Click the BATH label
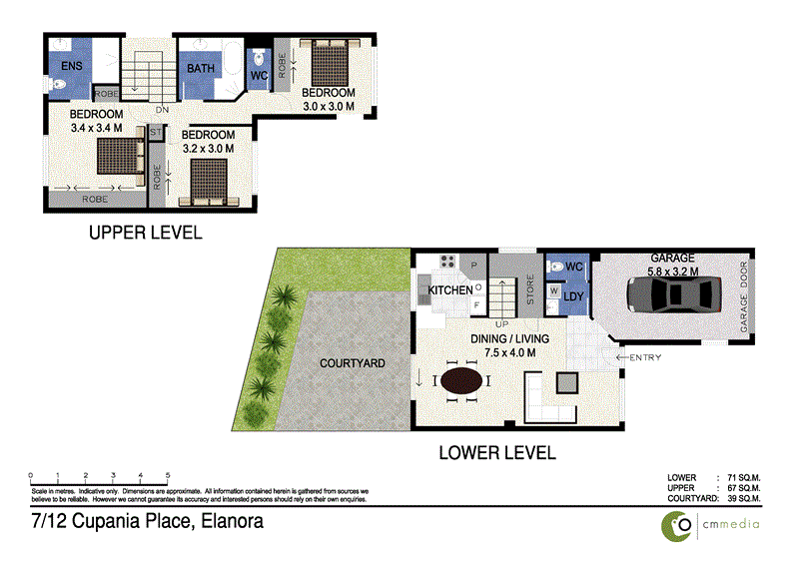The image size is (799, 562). coord(201,69)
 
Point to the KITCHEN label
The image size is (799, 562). coord(450,290)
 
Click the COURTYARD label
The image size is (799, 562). coord(353,362)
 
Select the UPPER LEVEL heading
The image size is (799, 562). coord(146,234)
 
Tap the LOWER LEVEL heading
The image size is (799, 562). coord(497,452)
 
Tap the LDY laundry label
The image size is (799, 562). coord(573,296)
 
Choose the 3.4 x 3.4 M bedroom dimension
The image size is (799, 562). coord(96,128)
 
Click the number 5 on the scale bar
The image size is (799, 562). coord(168,475)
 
